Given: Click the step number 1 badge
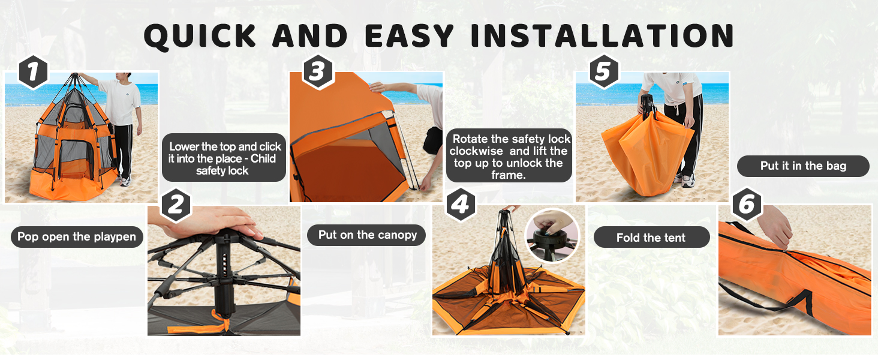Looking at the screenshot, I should click(34, 73).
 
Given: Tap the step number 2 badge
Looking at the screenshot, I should click(176, 206).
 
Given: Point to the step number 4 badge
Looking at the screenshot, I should click(460, 206).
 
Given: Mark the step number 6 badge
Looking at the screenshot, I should click(747, 206).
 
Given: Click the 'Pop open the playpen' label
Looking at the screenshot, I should click(77, 236).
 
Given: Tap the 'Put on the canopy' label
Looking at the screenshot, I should click(367, 235).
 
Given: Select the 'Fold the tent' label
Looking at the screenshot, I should click(651, 238).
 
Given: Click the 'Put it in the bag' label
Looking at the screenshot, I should click(803, 166).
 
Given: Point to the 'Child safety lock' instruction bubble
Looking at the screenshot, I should click(224, 158).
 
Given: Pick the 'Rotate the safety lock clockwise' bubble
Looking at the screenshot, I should click(509, 157).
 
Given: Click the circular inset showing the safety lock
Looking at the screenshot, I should click(552, 235).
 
